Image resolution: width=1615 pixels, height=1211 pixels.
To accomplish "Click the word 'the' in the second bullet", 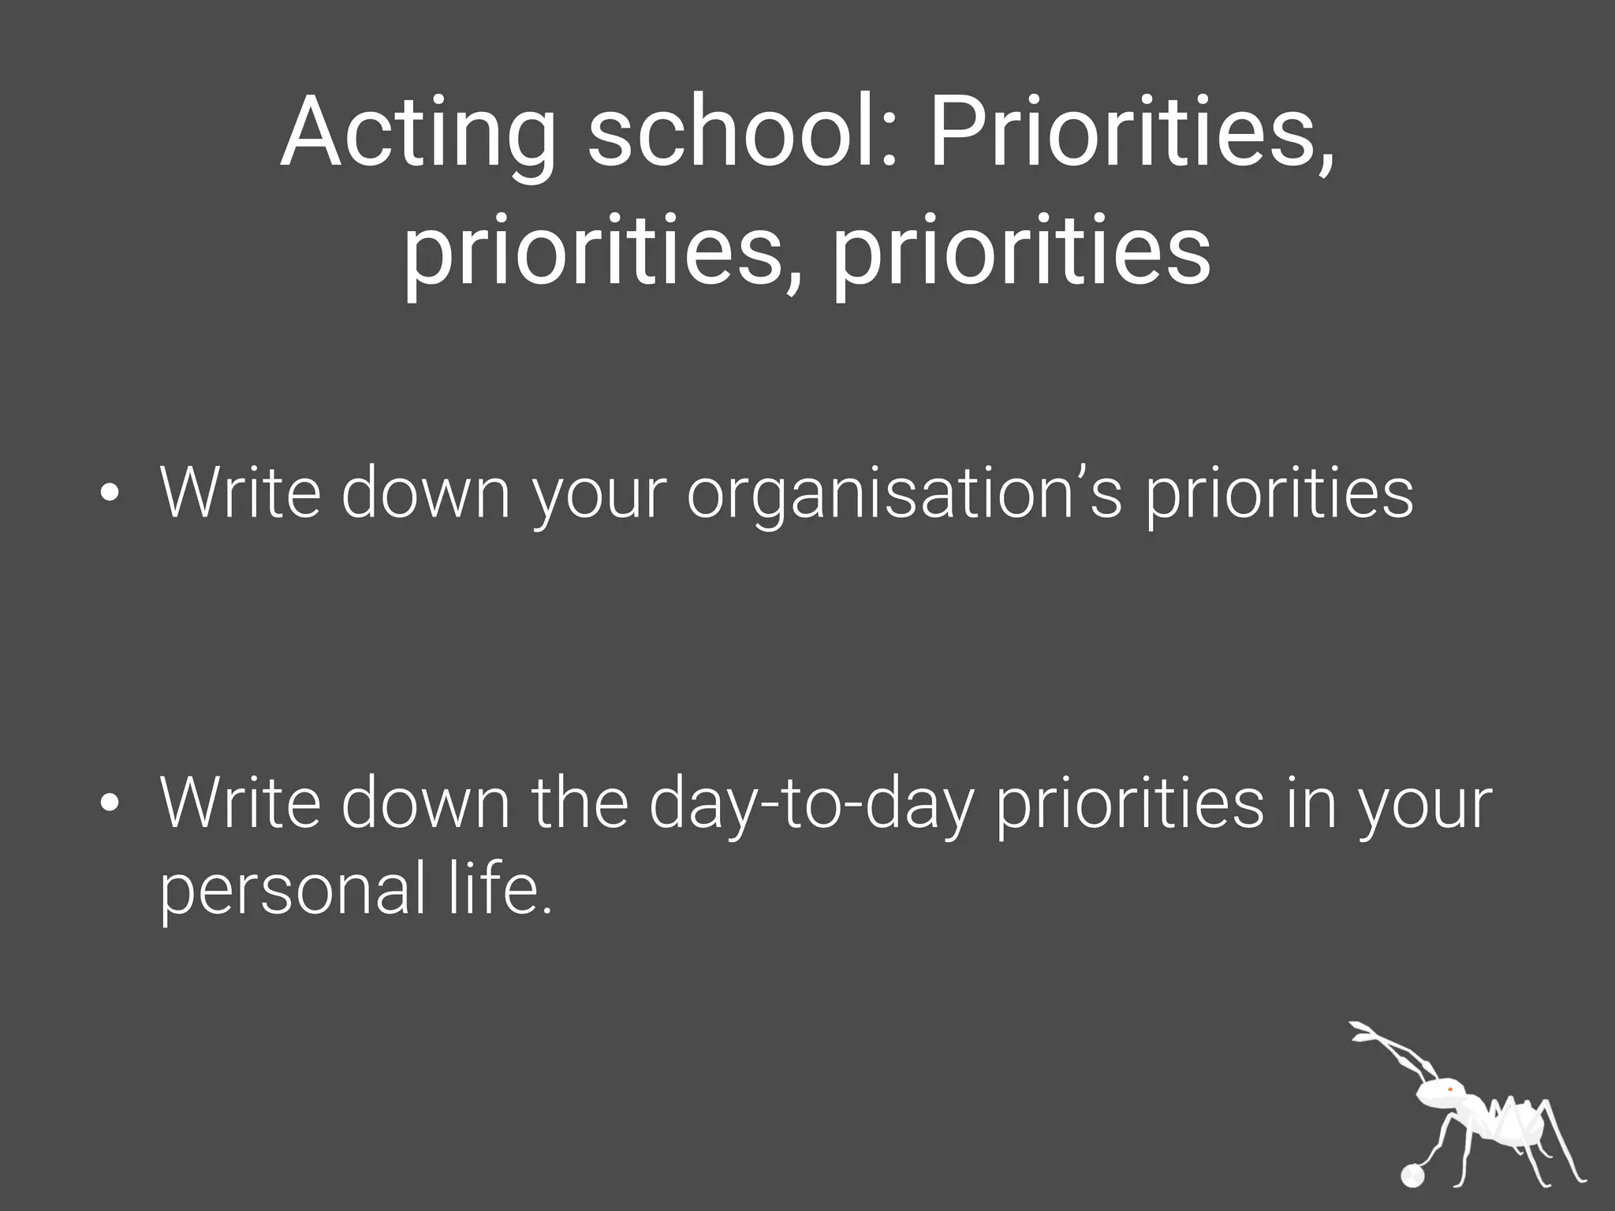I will tap(580, 803).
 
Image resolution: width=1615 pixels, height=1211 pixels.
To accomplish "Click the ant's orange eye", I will tap(1449, 1090).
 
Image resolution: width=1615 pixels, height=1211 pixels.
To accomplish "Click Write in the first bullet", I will tap(241, 494).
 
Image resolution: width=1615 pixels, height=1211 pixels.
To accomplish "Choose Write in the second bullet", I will tap(241, 803).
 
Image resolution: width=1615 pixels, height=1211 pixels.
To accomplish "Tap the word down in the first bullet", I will tap(426, 494).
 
